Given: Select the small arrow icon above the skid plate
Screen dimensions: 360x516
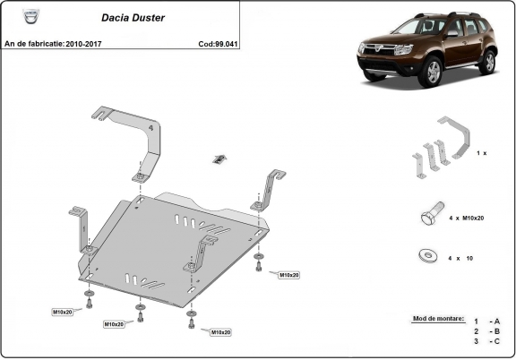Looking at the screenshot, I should pyautogui.click(x=218, y=159).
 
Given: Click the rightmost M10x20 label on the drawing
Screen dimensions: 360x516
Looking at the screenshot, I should pyautogui.click(x=289, y=274).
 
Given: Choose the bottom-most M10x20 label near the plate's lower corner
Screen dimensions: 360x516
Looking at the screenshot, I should pyautogui.click(x=220, y=331).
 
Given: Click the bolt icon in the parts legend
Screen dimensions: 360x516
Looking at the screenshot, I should pyautogui.click(x=430, y=217).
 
